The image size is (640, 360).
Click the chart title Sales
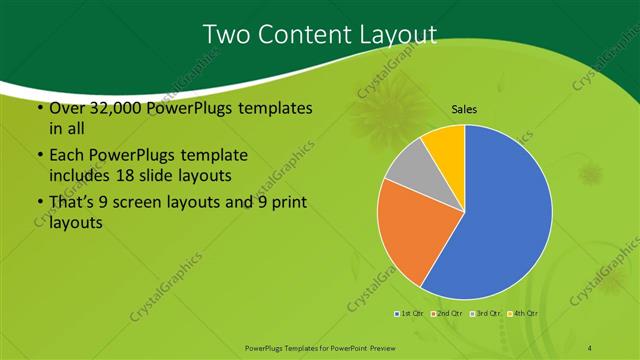click(x=464, y=108)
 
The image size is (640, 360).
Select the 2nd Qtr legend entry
click(x=447, y=314)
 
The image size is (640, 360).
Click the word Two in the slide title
click(x=227, y=35)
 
